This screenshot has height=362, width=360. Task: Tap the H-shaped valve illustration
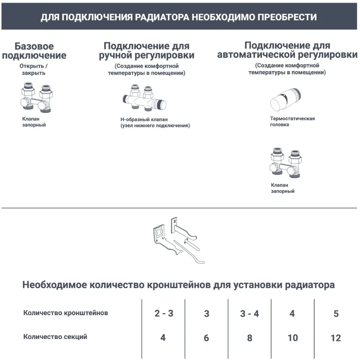144,98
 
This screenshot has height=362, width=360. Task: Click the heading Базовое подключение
34,51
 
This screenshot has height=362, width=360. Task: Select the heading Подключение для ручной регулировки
146,51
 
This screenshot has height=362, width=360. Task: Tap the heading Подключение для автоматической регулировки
287,50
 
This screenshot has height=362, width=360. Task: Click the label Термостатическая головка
292,122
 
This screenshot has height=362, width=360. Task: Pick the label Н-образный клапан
155,122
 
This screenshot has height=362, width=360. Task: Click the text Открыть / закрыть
33,69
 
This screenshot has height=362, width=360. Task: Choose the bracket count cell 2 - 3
163,314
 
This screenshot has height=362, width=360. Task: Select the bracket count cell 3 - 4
249,314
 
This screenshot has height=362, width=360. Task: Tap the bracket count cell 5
336,314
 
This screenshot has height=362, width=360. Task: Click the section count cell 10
292,338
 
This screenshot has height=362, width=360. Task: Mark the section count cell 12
336,338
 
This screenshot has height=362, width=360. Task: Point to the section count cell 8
249,338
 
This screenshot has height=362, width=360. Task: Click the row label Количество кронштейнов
66,313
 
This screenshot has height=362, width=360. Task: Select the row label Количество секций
55,337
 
